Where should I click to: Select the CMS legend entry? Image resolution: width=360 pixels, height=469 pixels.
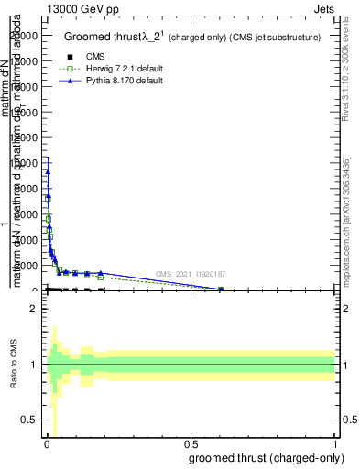(95, 57)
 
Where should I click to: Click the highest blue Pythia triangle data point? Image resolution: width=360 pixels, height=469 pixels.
(48, 171)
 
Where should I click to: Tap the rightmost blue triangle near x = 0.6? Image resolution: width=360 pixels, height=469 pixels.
(221, 289)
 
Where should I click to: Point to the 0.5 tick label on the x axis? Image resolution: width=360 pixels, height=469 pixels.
(191, 444)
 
